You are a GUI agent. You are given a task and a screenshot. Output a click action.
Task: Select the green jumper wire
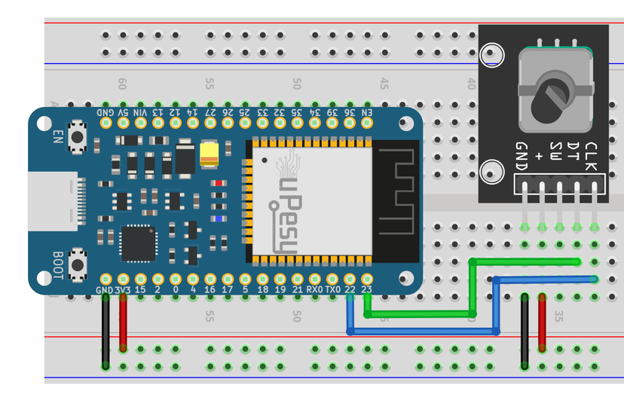[473, 286]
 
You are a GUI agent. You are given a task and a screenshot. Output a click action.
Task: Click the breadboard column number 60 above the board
[123, 84]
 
